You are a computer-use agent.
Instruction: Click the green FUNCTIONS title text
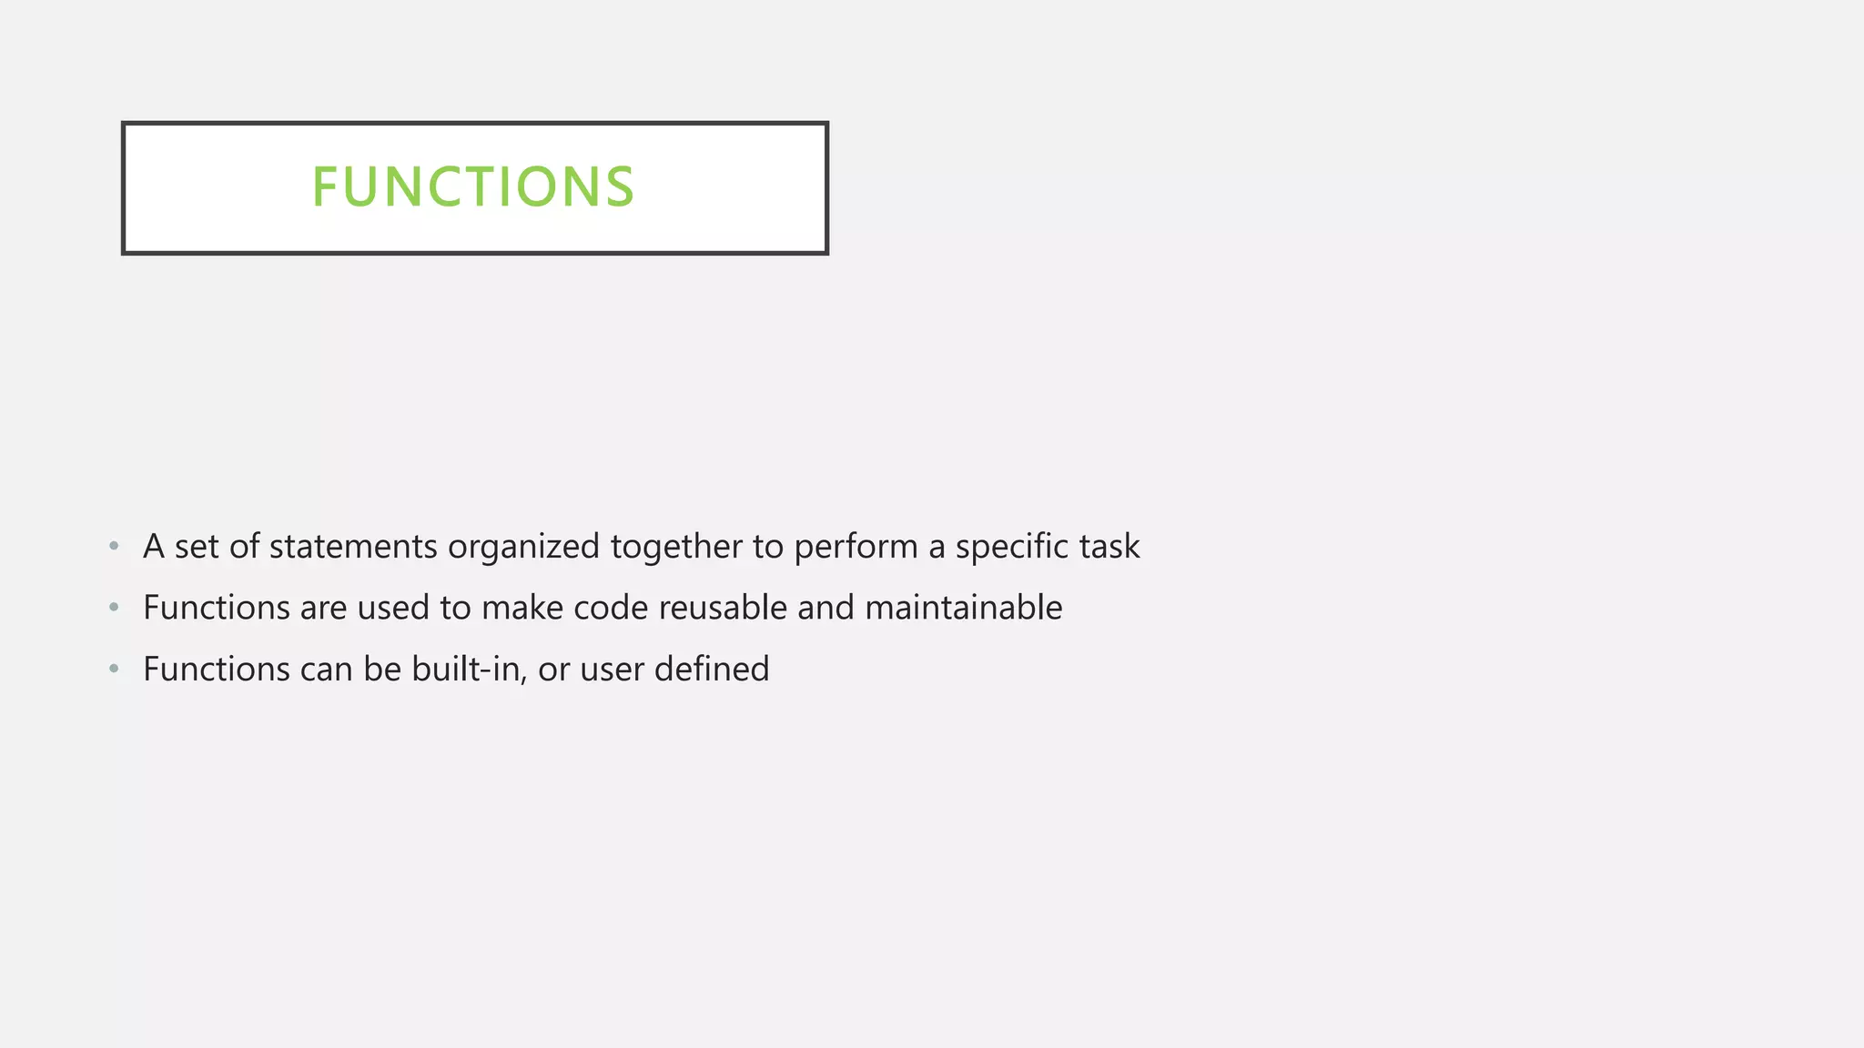click(x=473, y=187)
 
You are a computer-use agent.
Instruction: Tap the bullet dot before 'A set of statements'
click(x=114, y=546)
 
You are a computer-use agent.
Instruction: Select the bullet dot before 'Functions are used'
click(x=114, y=607)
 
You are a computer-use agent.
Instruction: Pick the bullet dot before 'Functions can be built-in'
click(x=114, y=669)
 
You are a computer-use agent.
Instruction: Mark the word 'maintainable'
click(x=963, y=608)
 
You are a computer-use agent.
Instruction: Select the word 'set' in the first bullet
click(x=197, y=547)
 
